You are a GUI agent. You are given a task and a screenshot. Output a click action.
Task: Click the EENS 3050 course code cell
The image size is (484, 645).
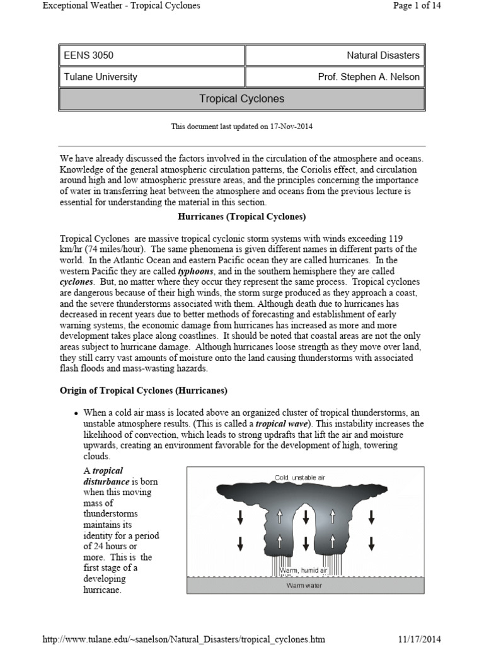(89, 55)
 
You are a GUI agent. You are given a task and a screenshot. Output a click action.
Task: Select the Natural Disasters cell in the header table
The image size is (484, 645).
(383, 55)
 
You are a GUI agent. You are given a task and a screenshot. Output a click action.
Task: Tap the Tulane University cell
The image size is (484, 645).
(101, 77)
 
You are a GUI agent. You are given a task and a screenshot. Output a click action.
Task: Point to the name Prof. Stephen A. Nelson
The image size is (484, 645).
(369, 77)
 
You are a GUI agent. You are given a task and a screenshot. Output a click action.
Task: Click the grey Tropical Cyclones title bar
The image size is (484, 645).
(241, 99)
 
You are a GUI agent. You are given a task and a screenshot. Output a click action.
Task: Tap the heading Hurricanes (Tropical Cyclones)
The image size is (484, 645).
(241, 217)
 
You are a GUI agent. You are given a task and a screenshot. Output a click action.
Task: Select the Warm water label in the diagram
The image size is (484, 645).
(305, 585)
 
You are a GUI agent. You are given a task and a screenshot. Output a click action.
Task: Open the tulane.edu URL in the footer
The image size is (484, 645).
(183, 639)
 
